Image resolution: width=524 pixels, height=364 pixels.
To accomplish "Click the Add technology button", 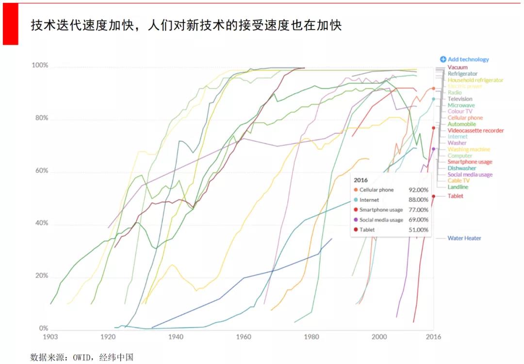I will click(464, 59).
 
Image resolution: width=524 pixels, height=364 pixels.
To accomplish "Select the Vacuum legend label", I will click(458, 67).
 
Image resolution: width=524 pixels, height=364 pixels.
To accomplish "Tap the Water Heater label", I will click(464, 238).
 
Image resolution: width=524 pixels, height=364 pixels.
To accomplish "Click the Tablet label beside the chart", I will click(455, 196).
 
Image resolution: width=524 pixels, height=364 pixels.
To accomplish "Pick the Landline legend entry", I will click(458, 187).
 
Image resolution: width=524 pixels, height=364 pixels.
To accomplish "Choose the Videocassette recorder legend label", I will click(475, 130).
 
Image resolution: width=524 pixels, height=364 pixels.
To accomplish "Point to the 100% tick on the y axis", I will click(40, 65).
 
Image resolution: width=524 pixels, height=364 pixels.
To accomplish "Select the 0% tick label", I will click(44, 329).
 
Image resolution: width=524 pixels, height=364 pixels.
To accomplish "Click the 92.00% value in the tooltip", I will click(419, 190).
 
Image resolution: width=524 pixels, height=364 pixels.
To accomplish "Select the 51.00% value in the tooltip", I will click(419, 230).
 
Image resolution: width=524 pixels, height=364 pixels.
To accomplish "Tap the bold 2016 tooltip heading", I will click(360, 180).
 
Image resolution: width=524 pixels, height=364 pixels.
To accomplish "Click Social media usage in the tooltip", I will click(381, 220).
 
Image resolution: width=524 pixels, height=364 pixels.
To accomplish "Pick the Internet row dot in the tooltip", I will click(356, 200).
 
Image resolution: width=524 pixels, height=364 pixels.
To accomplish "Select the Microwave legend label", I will click(461, 105).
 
